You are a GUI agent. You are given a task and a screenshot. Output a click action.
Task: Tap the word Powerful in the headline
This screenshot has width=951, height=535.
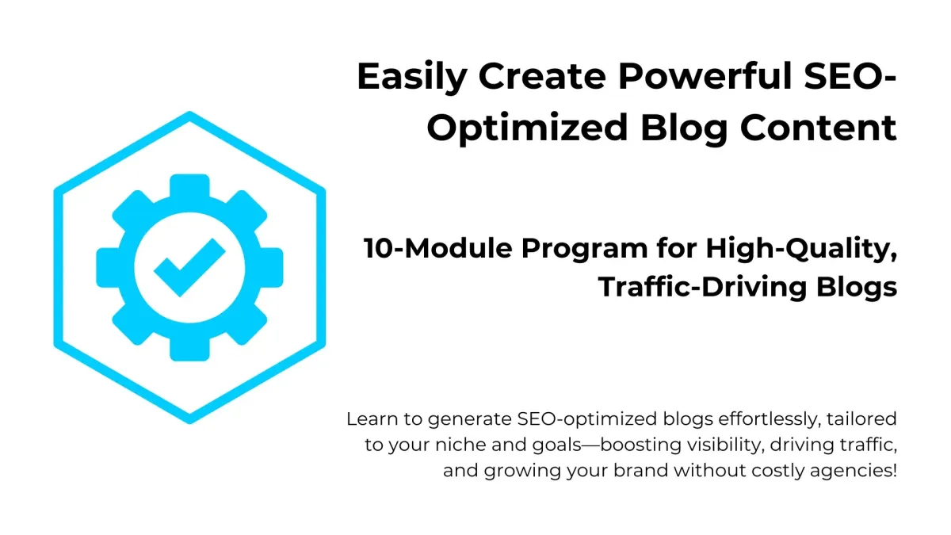tap(705, 76)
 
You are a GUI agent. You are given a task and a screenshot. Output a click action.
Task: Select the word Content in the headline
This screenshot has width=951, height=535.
tap(818, 128)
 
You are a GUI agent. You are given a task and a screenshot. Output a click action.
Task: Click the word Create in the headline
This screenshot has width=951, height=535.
tap(542, 77)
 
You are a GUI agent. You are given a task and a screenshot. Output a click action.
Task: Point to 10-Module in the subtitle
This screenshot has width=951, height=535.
tap(438, 248)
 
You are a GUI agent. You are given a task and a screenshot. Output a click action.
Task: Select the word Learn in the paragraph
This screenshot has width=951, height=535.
tap(372, 419)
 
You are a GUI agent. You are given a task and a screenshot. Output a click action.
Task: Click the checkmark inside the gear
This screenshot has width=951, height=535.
tap(189, 268)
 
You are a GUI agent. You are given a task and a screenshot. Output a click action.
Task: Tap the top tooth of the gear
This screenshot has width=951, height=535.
tap(189, 186)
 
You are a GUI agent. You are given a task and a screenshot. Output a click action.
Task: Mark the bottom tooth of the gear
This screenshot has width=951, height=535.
tap(189, 349)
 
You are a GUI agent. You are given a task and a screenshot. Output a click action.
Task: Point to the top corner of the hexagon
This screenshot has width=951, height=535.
tap(189, 113)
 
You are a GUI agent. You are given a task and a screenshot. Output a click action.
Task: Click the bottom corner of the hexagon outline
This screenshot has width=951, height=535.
tap(189, 422)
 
